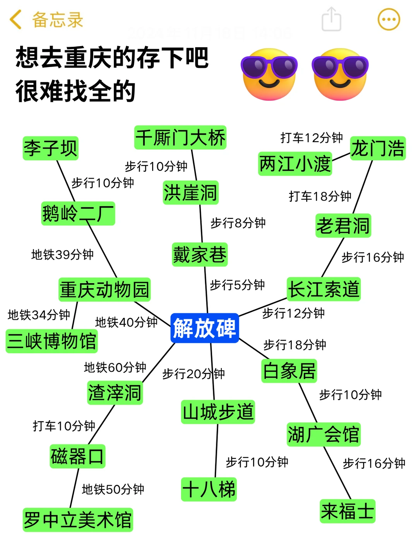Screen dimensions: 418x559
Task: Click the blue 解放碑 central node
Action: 204,328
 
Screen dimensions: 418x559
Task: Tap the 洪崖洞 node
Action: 190,193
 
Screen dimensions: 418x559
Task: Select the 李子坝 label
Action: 50,148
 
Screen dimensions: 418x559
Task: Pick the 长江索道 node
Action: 324,289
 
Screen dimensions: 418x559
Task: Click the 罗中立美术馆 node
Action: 78,519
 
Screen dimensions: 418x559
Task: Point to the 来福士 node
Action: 347,511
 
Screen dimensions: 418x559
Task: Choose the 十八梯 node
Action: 209,489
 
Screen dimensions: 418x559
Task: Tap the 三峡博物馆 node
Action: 51,341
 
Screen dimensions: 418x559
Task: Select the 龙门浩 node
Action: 378,148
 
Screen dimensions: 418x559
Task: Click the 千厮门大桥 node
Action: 180,138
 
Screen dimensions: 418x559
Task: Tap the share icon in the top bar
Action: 331,19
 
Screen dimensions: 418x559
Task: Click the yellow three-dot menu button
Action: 389,19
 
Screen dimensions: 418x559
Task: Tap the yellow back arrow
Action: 15,20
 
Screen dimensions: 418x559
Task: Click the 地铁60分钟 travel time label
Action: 115,367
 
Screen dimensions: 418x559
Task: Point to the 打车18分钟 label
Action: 320,196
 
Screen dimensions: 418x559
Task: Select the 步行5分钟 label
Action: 237,285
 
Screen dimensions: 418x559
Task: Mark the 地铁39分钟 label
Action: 62,255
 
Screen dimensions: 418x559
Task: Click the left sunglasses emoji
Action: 269,74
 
